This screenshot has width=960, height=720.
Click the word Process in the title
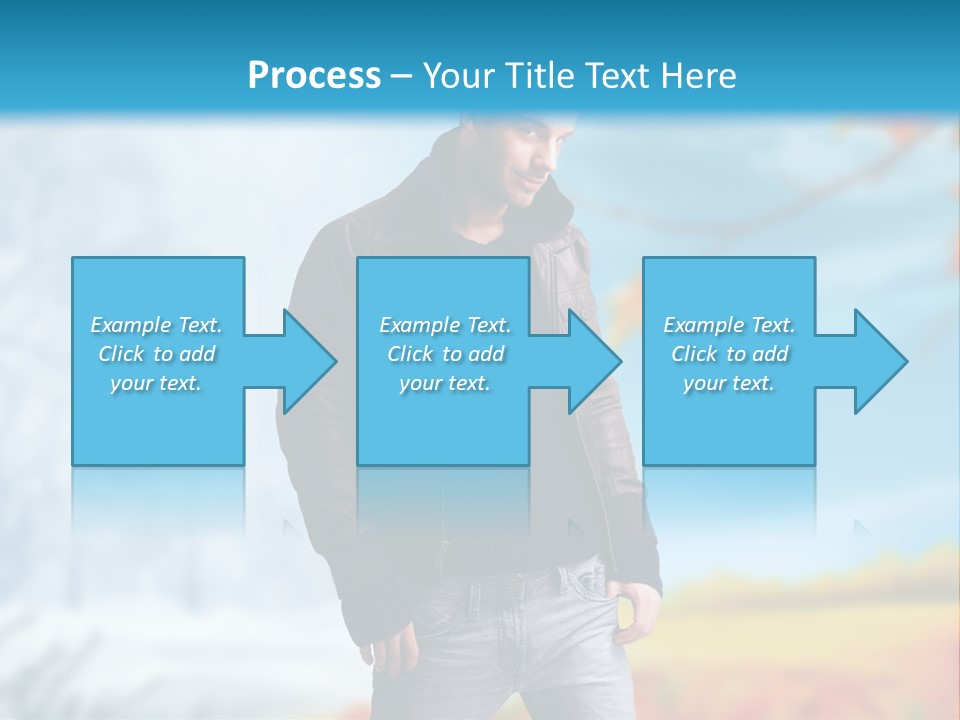pos(314,75)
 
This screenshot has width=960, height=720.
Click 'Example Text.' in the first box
pos(156,325)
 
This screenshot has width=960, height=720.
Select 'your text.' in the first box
pos(156,383)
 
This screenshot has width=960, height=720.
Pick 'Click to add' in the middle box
pos(445,354)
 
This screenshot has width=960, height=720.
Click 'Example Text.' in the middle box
pos(445,325)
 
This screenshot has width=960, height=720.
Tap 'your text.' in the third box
pos(728,383)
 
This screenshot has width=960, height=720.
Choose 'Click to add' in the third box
pos(729,354)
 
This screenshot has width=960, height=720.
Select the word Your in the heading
pos(456,76)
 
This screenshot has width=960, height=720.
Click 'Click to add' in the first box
pos(156,354)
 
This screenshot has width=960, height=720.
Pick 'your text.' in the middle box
pos(445,383)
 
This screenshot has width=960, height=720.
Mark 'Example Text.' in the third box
pos(729,325)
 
